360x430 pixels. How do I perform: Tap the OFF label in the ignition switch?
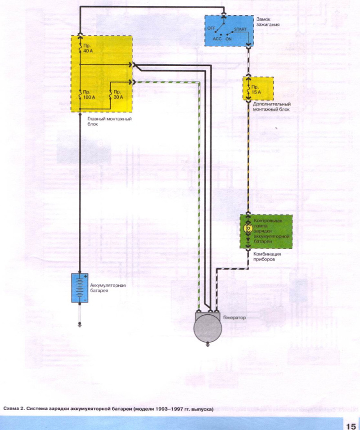click(212, 28)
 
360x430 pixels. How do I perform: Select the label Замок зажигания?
click(269, 22)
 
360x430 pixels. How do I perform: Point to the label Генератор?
click(235, 318)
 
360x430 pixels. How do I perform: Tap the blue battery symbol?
click(79, 287)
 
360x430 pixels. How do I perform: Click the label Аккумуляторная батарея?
click(108, 288)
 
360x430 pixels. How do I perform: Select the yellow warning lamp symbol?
click(247, 228)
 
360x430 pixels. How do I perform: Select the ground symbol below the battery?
click(79, 323)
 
